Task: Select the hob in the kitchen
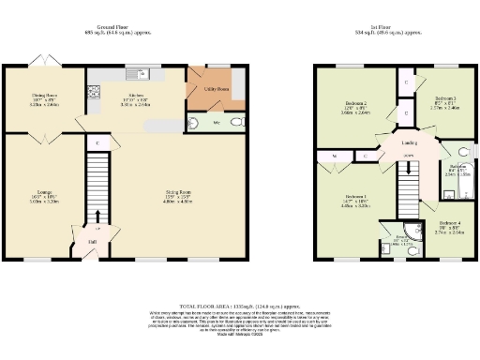coord(93,92)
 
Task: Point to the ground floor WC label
coord(217,122)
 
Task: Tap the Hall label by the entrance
coord(92,242)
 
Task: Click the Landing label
coord(409,142)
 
